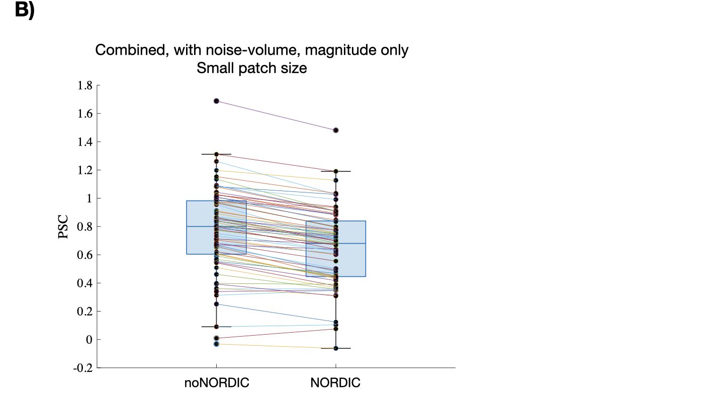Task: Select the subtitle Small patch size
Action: coord(252,68)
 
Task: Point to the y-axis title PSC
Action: coord(64,227)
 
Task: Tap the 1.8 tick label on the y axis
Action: coord(84,85)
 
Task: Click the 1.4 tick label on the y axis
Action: coord(84,142)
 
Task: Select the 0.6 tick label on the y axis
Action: coord(84,255)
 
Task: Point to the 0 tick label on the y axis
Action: coord(89,340)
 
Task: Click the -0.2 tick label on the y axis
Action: coord(82,368)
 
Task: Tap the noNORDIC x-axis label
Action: coord(217,383)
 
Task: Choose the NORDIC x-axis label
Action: coord(335,383)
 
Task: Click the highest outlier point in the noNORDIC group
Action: coord(216,101)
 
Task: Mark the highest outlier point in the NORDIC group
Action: coord(336,130)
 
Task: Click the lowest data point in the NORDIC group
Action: coord(336,348)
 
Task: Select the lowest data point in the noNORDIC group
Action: coord(216,344)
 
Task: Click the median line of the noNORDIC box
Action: coord(201,227)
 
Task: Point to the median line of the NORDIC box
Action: coord(352,243)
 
